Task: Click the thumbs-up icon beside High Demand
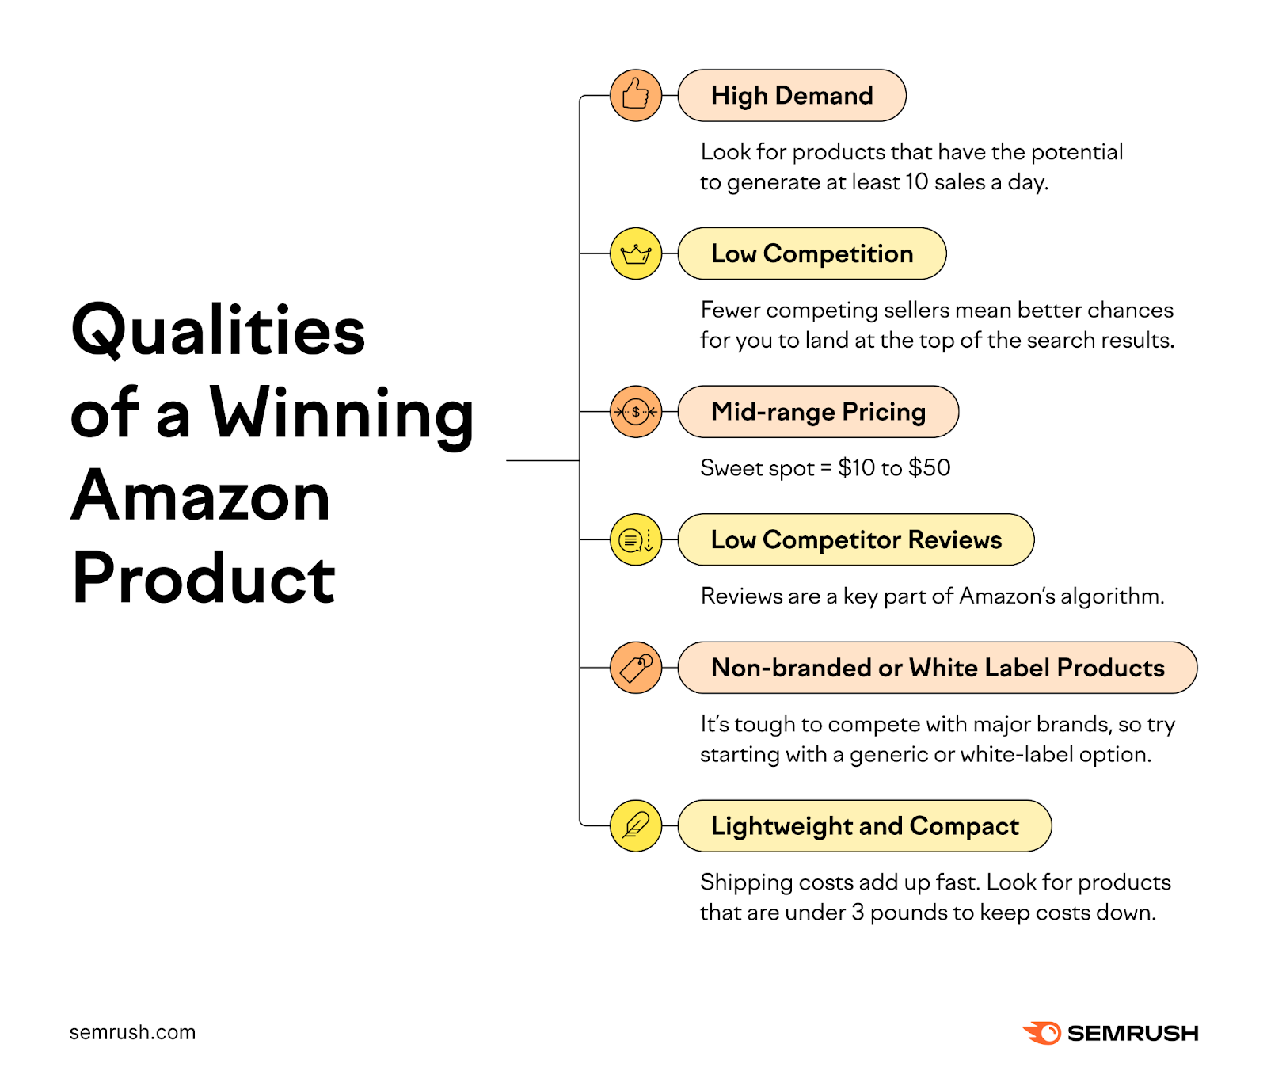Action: [x=635, y=95]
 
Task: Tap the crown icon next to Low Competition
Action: [x=635, y=253]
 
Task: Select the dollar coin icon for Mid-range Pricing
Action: [x=635, y=412]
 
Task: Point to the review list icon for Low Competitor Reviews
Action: [x=635, y=540]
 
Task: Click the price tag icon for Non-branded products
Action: [x=635, y=668]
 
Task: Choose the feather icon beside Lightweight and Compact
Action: [x=635, y=826]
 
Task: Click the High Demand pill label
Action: [x=791, y=96]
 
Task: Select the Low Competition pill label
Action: [x=812, y=253]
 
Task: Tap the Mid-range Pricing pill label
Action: [x=818, y=412]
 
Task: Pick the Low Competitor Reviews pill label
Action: [x=855, y=540]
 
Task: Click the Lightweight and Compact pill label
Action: [x=864, y=826]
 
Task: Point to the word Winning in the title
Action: [x=341, y=413]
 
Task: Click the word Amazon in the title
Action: [x=201, y=497]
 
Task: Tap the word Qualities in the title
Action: [x=219, y=330]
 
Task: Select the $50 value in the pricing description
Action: [x=930, y=468]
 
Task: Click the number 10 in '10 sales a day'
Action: [x=916, y=182]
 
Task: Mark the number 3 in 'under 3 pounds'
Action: [x=858, y=913]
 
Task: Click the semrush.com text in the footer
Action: [x=132, y=1032]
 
